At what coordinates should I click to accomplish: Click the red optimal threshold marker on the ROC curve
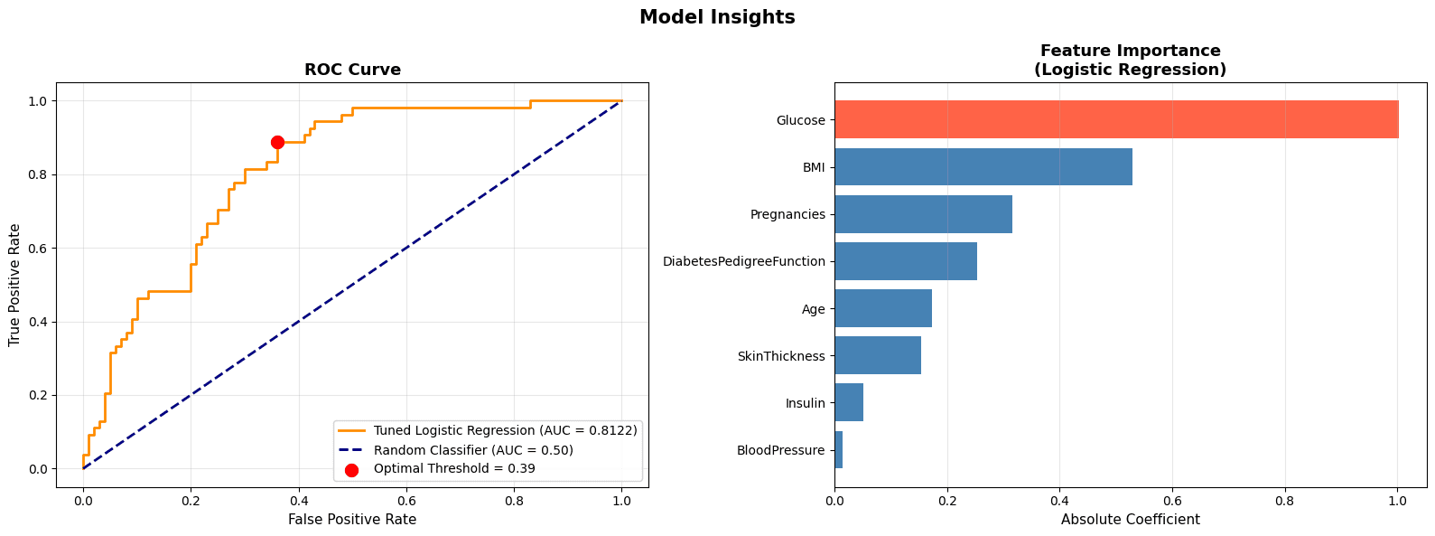point(277,142)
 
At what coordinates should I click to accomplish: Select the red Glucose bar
point(1115,119)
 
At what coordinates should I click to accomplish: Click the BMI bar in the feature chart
point(983,167)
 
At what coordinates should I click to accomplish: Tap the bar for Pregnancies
point(923,214)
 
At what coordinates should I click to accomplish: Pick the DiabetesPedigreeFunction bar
point(905,261)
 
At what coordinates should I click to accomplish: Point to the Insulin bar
point(849,403)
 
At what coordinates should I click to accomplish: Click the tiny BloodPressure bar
point(839,450)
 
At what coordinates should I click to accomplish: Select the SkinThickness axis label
point(781,356)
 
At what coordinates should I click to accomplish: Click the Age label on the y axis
point(813,309)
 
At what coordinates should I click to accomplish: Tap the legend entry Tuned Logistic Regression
point(505,430)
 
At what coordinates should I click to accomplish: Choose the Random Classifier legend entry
point(473,450)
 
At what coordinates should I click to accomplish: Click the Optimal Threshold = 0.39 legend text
point(453,469)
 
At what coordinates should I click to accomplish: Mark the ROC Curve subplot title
point(352,70)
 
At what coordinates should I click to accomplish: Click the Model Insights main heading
point(717,17)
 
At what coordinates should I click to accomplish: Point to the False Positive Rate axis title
point(352,520)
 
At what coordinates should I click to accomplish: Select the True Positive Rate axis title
point(14,285)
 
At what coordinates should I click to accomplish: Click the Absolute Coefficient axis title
point(1130,520)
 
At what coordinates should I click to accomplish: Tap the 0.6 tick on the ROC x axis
point(406,499)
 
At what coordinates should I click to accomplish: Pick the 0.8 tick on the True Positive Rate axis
point(38,174)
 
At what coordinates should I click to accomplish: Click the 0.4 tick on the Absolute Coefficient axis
point(1059,499)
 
